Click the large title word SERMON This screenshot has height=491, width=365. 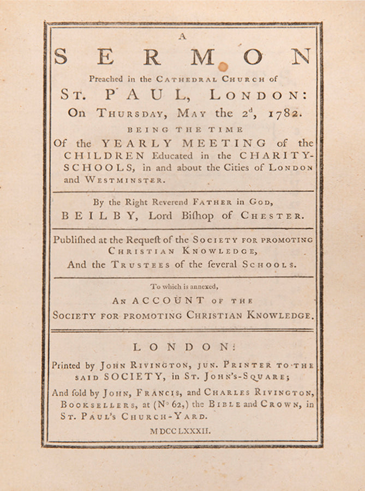[182, 56]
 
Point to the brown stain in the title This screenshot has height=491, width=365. [223, 67]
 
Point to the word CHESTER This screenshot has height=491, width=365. [279, 215]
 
